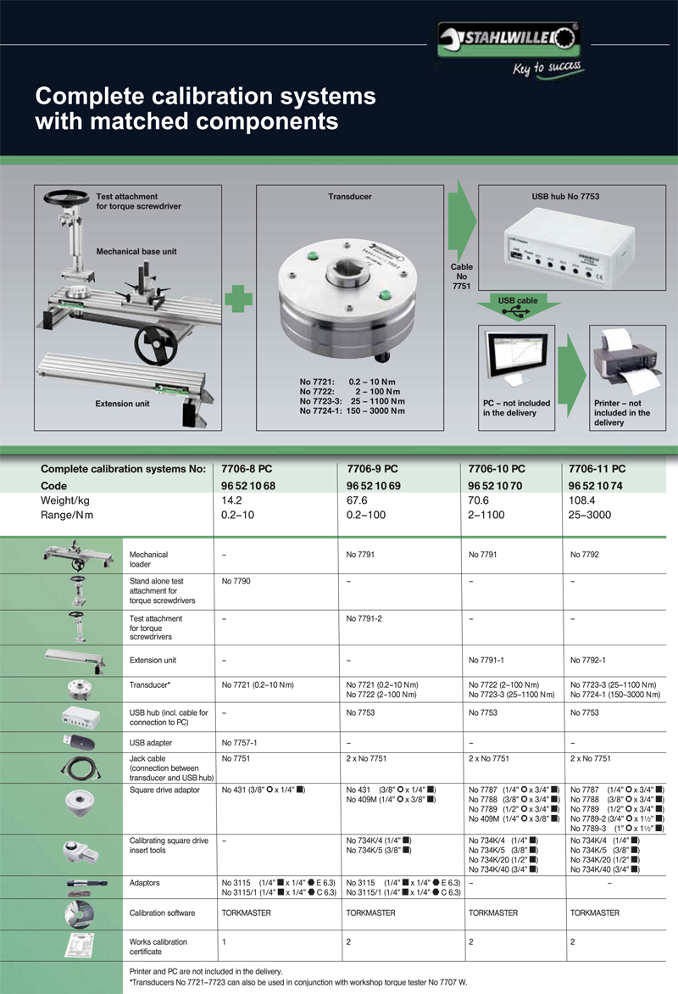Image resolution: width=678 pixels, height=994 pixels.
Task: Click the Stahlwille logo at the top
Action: [508, 38]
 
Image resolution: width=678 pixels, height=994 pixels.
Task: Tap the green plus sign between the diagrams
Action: [239, 299]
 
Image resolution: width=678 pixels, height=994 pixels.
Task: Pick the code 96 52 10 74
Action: [597, 486]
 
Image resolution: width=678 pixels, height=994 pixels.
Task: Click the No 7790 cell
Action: [236, 582]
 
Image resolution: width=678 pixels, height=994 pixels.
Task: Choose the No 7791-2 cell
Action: [365, 619]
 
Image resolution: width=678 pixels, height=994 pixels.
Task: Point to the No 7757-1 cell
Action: [240, 743]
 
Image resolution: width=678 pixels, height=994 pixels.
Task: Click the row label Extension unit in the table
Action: [153, 660]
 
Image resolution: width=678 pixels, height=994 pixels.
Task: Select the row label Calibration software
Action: [164, 913]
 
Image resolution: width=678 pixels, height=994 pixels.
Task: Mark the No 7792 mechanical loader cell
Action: [585, 555]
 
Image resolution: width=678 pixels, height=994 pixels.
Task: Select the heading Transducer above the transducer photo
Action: [350, 197]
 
